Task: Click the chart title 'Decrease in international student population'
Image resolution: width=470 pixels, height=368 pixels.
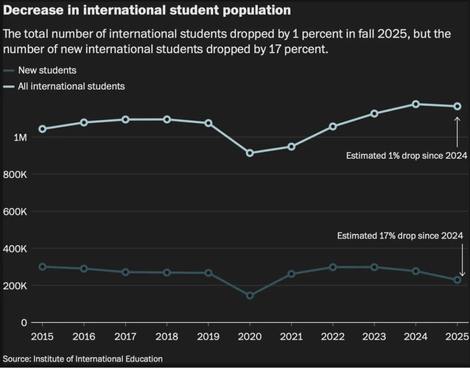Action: tap(147, 10)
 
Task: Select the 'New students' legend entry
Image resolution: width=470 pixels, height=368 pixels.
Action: tap(47, 70)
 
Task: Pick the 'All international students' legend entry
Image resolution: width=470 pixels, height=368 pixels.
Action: tap(71, 86)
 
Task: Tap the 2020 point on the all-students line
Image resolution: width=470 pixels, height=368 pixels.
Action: tap(250, 153)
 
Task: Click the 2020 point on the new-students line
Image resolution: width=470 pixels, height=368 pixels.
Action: tap(250, 296)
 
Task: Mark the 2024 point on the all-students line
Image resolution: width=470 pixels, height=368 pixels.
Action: tap(416, 104)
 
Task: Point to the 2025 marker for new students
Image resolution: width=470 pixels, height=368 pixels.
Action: tap(457, 280)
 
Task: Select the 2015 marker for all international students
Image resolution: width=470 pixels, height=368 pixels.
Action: tap(43, 129)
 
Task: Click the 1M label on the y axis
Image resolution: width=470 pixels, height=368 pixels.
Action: tap(20, 137)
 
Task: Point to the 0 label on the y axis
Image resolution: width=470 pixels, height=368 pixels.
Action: tap(23, 323)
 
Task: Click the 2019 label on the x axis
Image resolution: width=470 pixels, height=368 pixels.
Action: tap(208, 337)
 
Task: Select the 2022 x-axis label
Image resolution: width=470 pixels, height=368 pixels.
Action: tap(332, 337)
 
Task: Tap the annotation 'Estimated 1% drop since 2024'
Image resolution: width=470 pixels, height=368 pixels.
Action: tap(406, 156)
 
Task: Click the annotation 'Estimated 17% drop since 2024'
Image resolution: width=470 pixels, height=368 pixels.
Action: tap(400, 236)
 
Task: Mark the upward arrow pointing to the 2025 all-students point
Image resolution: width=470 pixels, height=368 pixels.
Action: tap(457, 132)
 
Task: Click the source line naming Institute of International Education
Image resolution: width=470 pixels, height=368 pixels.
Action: tap(83, 359)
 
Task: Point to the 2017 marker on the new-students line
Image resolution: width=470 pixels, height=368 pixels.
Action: tap(125, 272)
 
